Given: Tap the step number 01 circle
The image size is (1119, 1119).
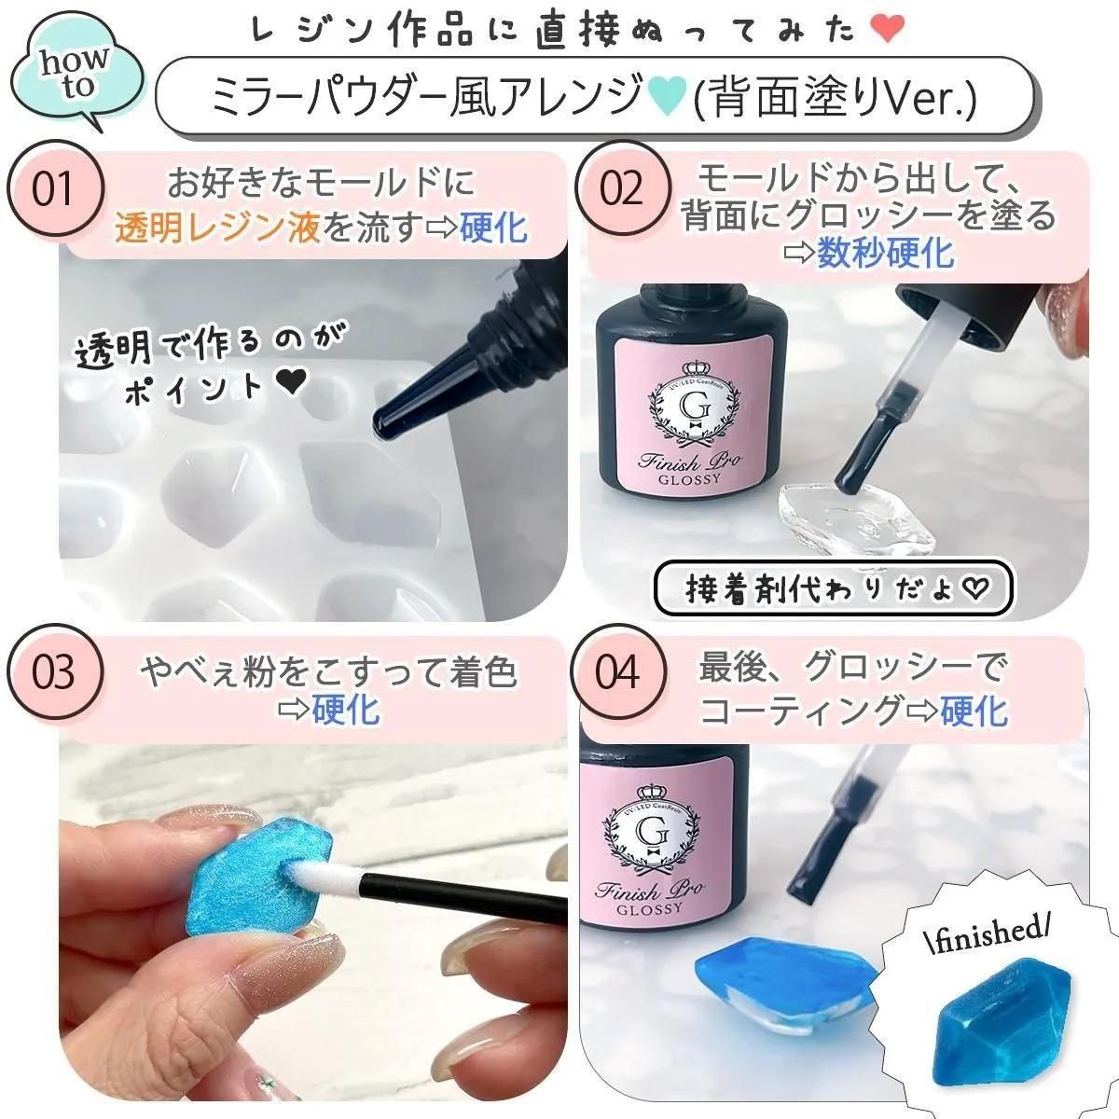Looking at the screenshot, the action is (55, 188).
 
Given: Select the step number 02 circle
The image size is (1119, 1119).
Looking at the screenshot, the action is (623, 188).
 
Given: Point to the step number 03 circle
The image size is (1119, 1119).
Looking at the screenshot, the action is (55, 672).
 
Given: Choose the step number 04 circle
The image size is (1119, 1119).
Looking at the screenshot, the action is (619, 672).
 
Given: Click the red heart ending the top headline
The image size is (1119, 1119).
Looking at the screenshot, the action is (888, 29).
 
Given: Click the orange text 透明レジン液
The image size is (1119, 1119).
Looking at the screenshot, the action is (218, 228).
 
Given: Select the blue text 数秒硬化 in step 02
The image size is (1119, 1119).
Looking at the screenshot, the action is (886, 253).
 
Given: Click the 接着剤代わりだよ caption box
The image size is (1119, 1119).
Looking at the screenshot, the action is (834, 589).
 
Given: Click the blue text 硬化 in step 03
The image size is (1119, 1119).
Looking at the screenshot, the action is (346, 709).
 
